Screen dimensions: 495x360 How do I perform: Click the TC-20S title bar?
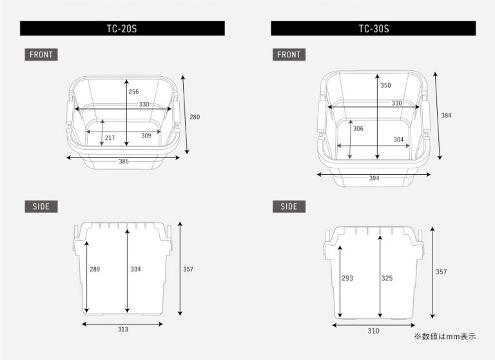pyautogui.click(x=122, y=28)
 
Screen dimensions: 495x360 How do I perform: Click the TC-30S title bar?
pyautogui.click(x=373, y=28)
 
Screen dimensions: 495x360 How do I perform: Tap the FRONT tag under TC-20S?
pyautogui.click(x=41, y=54)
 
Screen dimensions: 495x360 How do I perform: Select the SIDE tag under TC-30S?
pyautogui.click(x=289, y=206)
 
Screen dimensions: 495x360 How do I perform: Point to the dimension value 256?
pyautogui.click(x=133, y=92)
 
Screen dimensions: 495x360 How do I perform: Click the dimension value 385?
pyautogui.click(x=124, y=161)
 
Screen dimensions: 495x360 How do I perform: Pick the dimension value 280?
pyautogui.click(x=195, y=117)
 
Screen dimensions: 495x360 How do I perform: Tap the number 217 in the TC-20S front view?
pyautogui.click(x=110, y=138)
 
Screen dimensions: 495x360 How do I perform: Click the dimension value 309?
pyautogui.click(x=146, y=135)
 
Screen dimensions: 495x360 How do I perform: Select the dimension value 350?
pyautogui.click(x=385, y=85)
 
